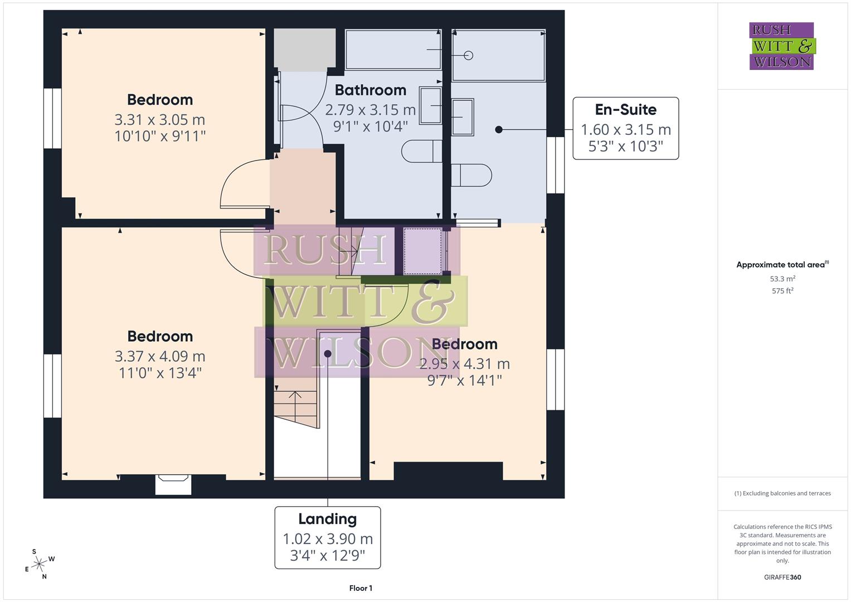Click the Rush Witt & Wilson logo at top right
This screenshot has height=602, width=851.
pos(781,46)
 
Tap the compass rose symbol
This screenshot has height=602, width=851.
pos(38,564)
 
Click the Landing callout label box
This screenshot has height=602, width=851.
pos(328,537)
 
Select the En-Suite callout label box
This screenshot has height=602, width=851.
pos(625,128)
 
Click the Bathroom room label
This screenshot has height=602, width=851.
pos(370,90)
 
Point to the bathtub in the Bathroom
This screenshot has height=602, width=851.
pos(393,50)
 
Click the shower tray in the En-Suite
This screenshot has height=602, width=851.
pos(498,55)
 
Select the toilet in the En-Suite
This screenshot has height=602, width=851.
pos(471,175)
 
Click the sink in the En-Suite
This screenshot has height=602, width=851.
pos(463,117)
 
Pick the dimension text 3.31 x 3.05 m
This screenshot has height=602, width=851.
pos(160,119)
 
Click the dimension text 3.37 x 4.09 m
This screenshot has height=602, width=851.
pos(160,356)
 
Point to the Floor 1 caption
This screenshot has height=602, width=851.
pos(361,588)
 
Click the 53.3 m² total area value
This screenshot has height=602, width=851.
pos(782,279)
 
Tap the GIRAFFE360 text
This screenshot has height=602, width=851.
pos(782,577)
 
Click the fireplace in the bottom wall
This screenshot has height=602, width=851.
pos(173,484)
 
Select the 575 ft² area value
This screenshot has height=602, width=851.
pos(782,291)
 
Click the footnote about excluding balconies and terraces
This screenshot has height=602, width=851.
pos(782,493)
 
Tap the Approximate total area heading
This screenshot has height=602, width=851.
pos(782,265)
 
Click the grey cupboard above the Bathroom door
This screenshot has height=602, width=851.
pos(304,50)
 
